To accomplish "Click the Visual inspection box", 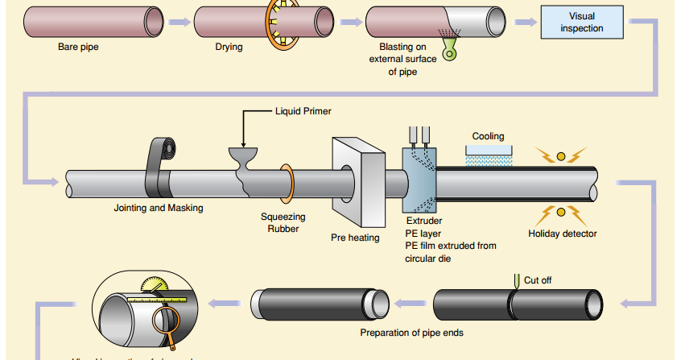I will tap(581, 23).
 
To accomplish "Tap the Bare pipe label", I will tap(78, 47).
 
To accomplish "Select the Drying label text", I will tap(229, 47).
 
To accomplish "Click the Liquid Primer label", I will tap(303, 111).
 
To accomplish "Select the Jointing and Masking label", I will tap(159, 208).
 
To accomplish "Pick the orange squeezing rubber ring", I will tap(286, 183).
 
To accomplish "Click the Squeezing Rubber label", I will tap(283, 222).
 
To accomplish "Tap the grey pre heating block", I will tap(357, 183).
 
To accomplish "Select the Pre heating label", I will tap(355, 238).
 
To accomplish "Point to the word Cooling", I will tap(488, 137).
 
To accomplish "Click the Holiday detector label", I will tap(563, 234).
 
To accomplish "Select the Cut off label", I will tap(539, 280).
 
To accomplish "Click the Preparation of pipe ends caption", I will tap(411, 333).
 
